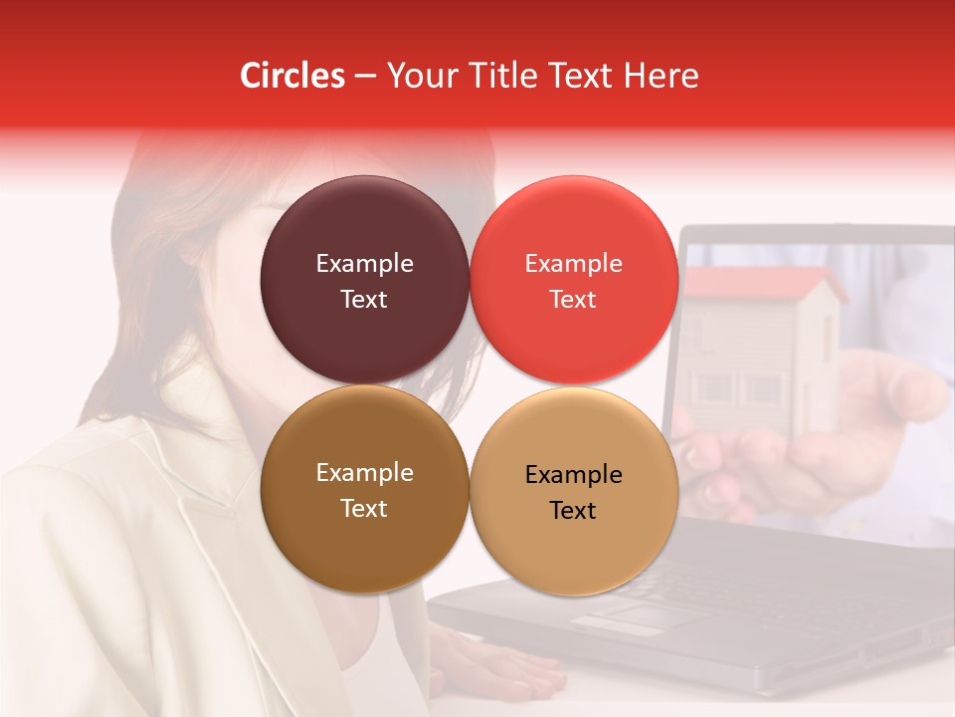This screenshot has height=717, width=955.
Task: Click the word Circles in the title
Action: click(x=292, y=76)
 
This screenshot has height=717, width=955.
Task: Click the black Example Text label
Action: click(x=573, y=492)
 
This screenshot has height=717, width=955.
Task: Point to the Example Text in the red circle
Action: click(x=573, y=281)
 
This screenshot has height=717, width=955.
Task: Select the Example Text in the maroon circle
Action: click(x=364, y=281)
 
